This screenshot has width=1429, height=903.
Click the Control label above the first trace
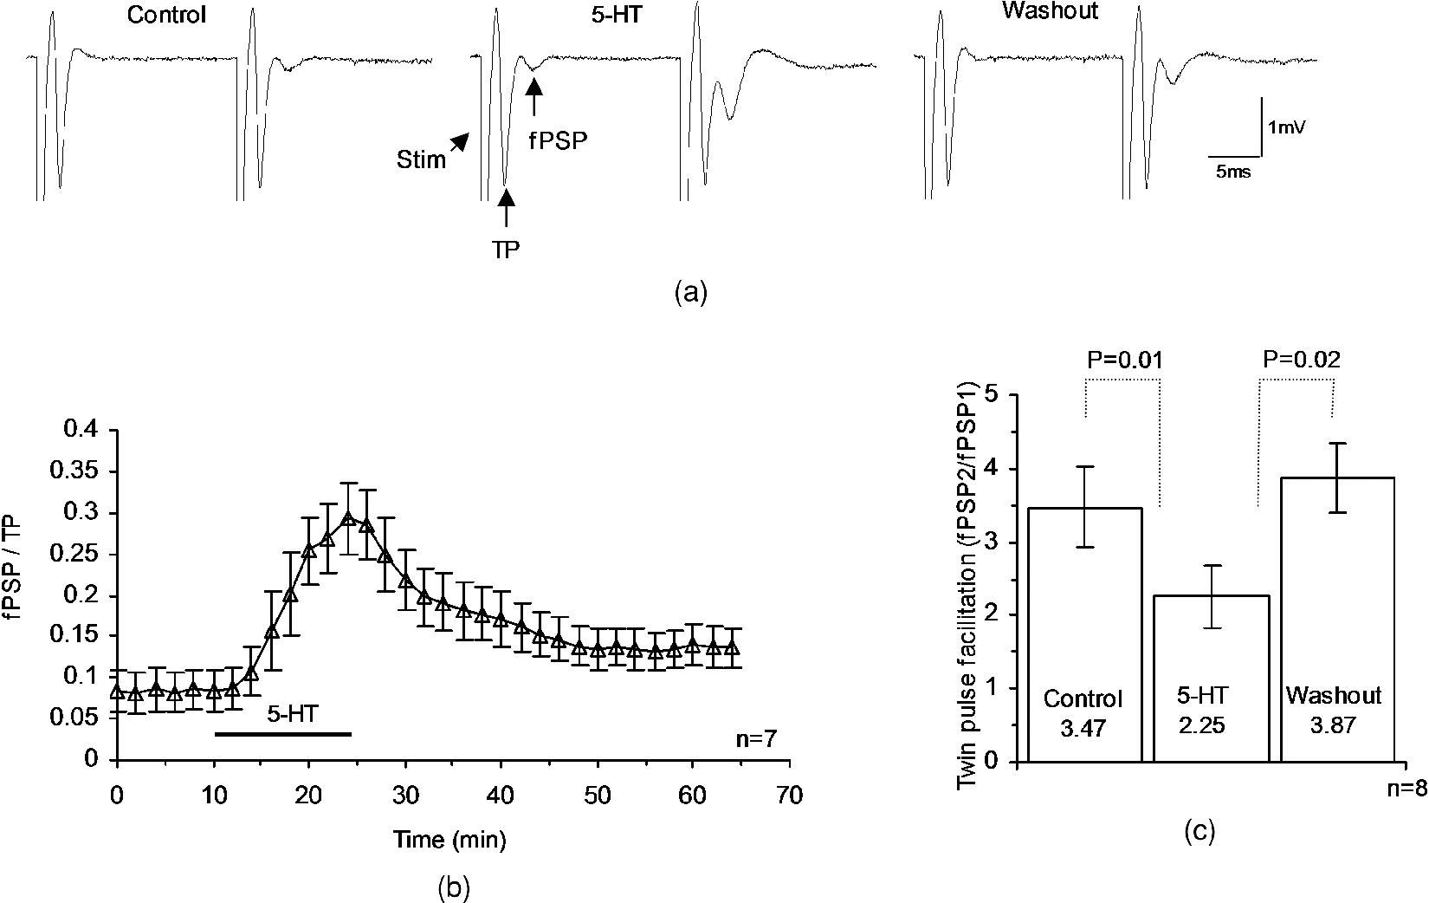166,15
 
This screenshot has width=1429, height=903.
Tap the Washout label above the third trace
1050,11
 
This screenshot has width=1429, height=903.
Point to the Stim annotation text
421,159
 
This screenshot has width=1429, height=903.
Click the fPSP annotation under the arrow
559,140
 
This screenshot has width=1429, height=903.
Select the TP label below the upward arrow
505,250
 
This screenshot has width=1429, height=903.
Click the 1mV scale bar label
1287,127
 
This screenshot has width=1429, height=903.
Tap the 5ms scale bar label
1233,171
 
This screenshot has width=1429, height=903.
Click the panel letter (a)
691,294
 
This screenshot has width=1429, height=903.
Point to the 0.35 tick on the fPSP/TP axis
74,471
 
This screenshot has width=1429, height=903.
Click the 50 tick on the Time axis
597,796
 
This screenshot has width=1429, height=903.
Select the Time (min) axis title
449,840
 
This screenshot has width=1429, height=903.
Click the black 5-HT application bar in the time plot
283,734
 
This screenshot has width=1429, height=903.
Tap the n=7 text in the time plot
756,739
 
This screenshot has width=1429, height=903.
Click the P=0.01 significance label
1125,361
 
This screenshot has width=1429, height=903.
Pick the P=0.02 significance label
1302,360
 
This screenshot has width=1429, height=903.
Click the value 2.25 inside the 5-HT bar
1202,725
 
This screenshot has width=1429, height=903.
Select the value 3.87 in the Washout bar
1334,725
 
